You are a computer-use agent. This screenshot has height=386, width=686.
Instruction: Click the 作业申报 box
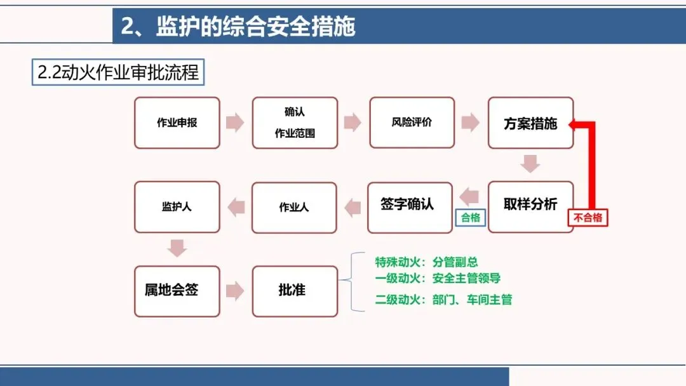point(177,123)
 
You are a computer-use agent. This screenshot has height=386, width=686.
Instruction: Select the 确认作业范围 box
point(295,123)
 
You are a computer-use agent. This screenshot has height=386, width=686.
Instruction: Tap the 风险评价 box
point(412,123)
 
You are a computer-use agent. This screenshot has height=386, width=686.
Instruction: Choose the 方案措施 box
point(530,123)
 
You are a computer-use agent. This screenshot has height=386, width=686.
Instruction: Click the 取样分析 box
point(530,206)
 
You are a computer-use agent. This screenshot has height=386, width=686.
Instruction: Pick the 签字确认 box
point(410,206)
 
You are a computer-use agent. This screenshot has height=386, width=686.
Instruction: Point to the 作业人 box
point(294,207)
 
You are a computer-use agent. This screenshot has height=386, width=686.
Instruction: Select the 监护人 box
point(177,206)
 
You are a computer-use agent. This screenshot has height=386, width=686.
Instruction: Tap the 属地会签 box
point(177,291)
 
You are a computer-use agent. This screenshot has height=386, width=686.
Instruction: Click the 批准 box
point(295,291)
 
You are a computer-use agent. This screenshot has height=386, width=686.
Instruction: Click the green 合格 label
point(471,218)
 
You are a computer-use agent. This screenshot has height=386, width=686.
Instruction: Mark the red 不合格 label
point(587,218)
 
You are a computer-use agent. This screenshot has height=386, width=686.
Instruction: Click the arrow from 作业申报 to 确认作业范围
point(235,123)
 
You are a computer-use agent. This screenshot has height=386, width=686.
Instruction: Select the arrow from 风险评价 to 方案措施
point(470,123)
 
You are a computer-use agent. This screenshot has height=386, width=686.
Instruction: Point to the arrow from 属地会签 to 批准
point(235,291)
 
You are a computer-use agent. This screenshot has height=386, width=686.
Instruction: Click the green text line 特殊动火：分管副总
point(426,262)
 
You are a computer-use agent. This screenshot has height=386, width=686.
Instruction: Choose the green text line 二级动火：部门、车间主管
point(443,300)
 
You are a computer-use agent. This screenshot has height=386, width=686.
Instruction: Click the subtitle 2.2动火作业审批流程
point(118,72)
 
